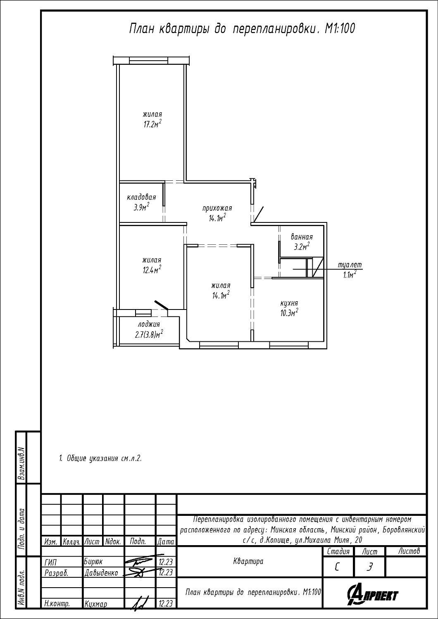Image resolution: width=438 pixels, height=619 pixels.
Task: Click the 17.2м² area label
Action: pos(152,123)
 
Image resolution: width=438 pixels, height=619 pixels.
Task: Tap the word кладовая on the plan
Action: pos(141,197)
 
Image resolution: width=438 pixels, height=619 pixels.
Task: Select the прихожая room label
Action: pos(217,208)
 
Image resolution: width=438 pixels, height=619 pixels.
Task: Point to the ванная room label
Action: pos(302,237)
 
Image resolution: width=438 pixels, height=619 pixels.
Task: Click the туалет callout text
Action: pos(350,265)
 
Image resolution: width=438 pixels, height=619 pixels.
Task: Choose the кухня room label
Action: pos(289,303)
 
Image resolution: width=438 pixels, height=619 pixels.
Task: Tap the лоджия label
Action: pos(149,324)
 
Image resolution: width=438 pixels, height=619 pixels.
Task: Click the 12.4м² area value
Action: pos(152,269)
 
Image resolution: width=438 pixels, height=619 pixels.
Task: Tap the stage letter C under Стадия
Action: pos(337,567)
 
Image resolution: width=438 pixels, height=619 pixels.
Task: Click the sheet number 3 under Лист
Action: pos(369,567)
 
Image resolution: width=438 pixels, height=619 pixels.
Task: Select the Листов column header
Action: pos(409,551)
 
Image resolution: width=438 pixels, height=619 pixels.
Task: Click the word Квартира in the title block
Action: pos(248,561)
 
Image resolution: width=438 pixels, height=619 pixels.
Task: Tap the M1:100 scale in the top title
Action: pos(340,29)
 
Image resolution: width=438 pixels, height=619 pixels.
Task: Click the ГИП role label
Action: pos(50,562)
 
